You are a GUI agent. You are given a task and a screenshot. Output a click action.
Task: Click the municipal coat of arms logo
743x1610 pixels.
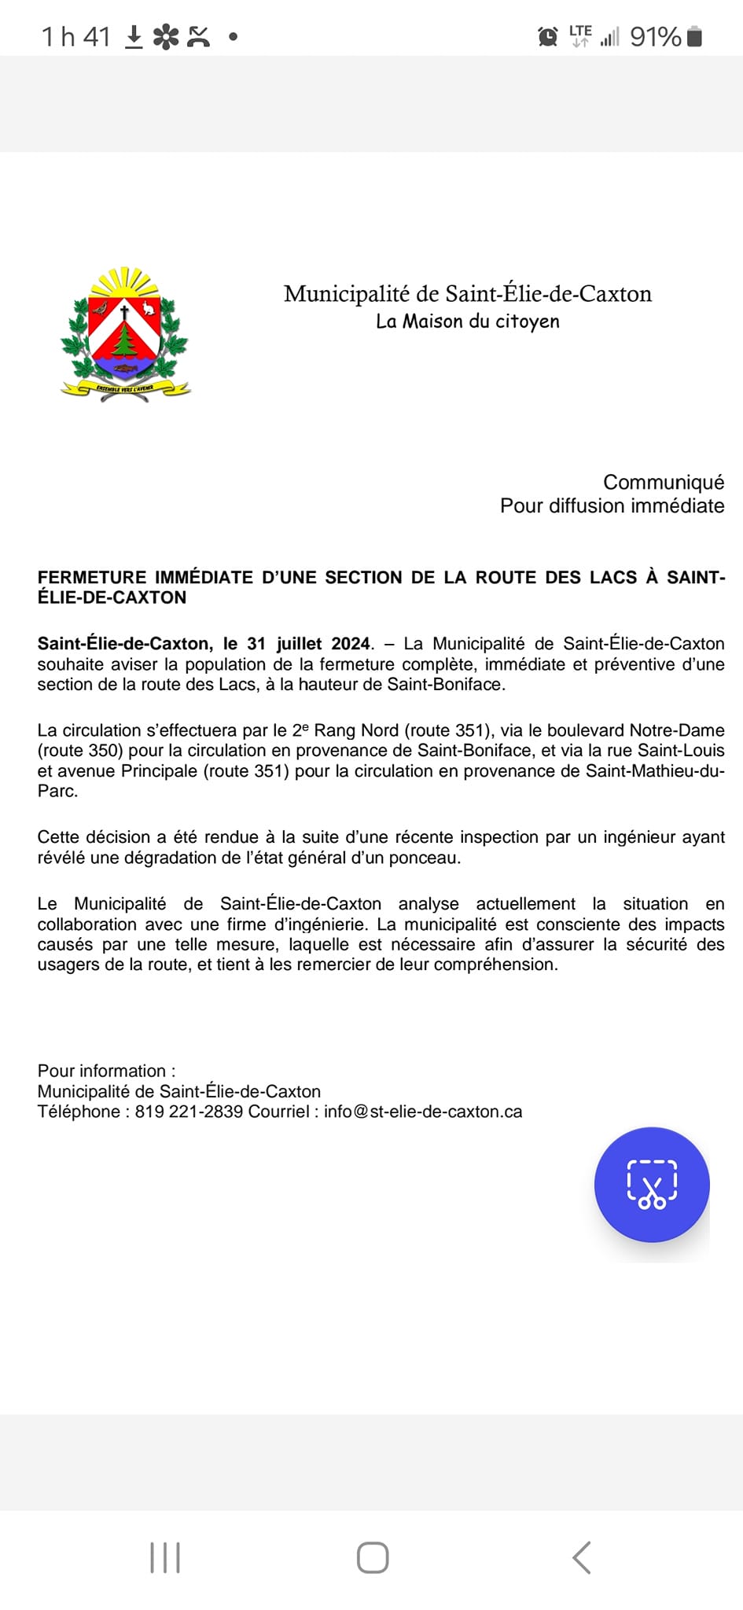(126, 335)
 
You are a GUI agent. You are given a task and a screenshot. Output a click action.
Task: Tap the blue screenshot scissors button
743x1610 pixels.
(652, 1184)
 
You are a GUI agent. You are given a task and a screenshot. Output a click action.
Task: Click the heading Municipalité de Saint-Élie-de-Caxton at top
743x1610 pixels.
(468, 294)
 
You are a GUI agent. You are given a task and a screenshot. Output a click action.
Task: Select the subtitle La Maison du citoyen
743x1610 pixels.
(468, 322)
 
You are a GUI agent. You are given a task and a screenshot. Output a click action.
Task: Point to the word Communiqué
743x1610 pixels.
(664, 482)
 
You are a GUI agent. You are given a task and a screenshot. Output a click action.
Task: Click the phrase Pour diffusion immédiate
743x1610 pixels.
(612, 505)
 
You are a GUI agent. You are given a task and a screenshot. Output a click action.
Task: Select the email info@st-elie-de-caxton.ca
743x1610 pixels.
(423, 1112)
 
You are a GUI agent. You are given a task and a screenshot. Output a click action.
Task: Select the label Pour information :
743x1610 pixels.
(106, 1071)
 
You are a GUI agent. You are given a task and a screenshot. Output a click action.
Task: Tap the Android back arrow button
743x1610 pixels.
(582, 1557)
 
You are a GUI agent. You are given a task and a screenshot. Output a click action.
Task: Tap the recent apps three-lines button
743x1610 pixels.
(165, 1557)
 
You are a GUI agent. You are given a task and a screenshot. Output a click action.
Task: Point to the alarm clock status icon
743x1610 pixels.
(547, 36)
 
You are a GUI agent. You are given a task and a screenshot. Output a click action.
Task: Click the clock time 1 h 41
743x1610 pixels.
(75, 37)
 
